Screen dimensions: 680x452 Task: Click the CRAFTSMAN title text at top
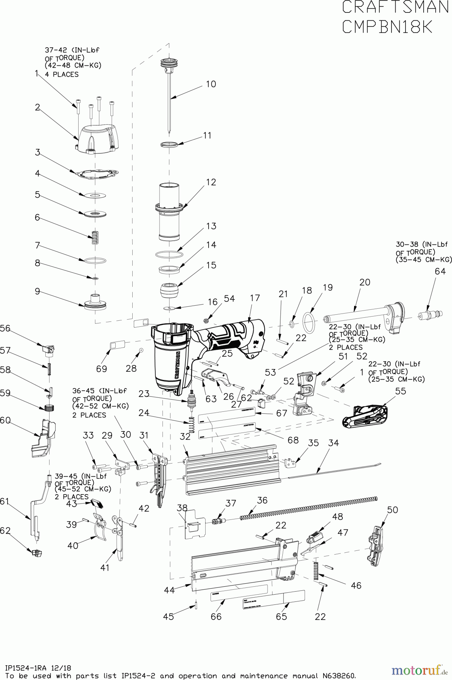click(x=395, y=8)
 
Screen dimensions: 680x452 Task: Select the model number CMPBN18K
click(x=387, y=27)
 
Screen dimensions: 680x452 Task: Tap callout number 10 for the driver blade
click(x=211, y=84)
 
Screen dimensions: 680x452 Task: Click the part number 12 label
click(x=211, y=182)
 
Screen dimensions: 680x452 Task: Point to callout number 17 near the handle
click(x=255, y=298)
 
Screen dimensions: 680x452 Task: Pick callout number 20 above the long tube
click(x=365, y=282)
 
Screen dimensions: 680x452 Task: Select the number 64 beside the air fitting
click(x=440, y=271)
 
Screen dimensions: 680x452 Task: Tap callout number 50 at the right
click(x=393, y=510)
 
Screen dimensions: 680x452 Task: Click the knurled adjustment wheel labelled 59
click(x=48, y=408)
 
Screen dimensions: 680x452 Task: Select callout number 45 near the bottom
click(x=169, y=617)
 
